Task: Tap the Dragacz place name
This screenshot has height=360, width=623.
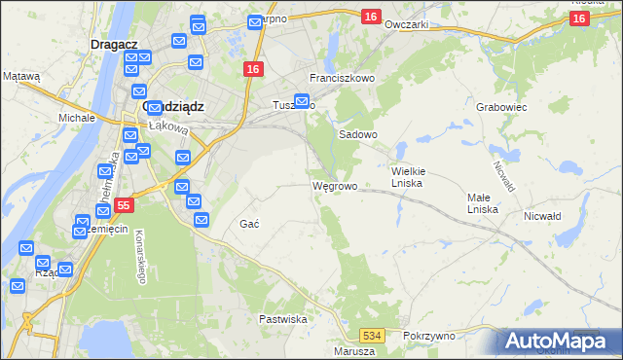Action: pos(111,44)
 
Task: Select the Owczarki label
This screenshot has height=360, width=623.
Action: pos(407,24)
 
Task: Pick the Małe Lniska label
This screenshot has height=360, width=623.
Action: pos(483,203)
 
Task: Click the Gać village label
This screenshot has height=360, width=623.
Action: pos(248,224)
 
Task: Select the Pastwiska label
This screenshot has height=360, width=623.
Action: pos(283,319)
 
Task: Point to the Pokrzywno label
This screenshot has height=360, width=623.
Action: pos(428,335)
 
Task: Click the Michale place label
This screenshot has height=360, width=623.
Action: pos(76,118)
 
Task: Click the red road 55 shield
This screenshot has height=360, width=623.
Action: pos(123,205)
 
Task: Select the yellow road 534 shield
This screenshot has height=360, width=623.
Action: pos(376,336)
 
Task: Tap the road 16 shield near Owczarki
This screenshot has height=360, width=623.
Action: pos(370,17)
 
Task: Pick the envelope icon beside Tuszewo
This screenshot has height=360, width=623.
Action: pos(302,100)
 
